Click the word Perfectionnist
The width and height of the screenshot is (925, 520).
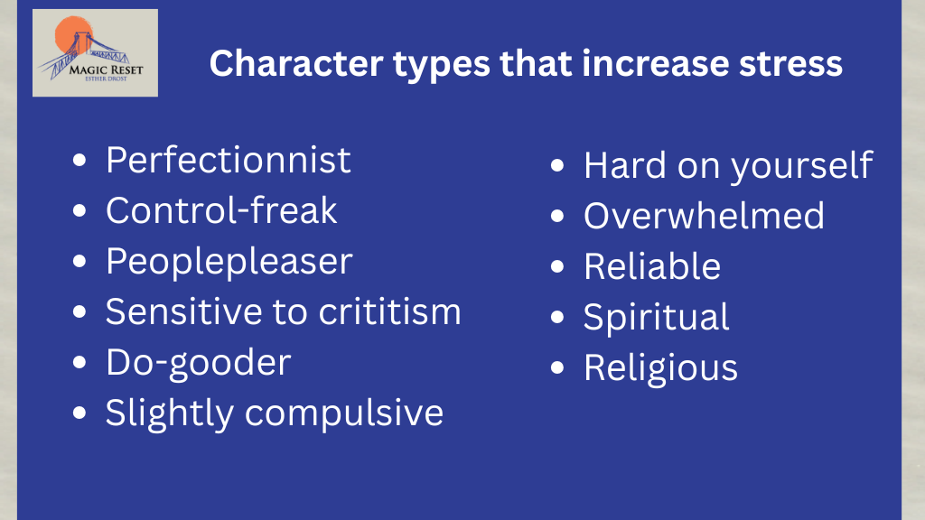click(229, 160)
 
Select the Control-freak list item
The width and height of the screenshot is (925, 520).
click(221, 209)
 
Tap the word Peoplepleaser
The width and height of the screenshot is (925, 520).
click(229, 262)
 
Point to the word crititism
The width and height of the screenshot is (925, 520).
click(389, 311)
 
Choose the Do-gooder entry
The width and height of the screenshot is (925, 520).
click(198, 363)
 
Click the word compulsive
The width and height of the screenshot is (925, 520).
click(344, 413)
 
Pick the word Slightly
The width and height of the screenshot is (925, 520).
click(170, 413)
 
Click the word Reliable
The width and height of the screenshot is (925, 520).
click(652, 266)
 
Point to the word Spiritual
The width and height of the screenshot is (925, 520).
click(656, 318)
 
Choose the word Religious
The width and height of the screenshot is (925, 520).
click(660, 369)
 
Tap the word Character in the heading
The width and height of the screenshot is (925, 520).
click(296, 64)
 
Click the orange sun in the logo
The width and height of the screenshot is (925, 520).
click(73, 35)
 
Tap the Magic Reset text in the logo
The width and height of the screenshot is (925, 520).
click(107, 70)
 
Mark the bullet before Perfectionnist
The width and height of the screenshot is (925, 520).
click(79, 161)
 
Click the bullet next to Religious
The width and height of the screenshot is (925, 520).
click(557, 368)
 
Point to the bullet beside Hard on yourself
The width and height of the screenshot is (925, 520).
click(557, 166)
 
